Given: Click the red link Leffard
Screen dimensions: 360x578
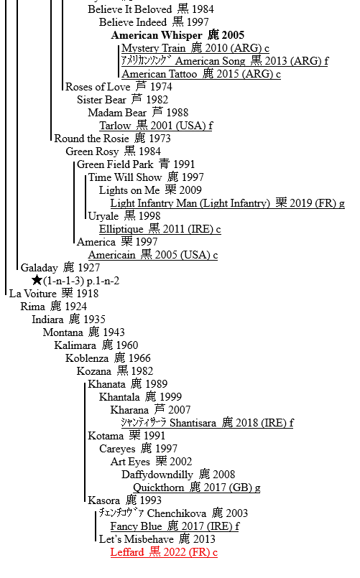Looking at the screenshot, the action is pyautogui.click(x=164, y=552).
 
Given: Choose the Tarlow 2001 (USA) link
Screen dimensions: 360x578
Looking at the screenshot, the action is pyautogui.click(x=156, y=126).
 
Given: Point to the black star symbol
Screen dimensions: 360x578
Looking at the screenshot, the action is pyautogui.click(x=37, y=281).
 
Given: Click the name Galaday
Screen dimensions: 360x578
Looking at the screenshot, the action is pyautogui.click(x=39, y=268).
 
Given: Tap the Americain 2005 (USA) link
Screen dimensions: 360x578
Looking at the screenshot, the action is pyautogui.click(x=153, y=255).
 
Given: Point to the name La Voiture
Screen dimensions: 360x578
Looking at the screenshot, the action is pyautogui.click(x=33, y=294).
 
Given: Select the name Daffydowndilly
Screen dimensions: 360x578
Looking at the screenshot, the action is pyautogui.click(x=157, y=475).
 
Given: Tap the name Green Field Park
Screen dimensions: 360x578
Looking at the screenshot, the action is pyautogui.click(x=115, y=164).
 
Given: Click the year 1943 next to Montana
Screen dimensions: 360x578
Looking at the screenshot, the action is pyautogui.click(x=114, y=332).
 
